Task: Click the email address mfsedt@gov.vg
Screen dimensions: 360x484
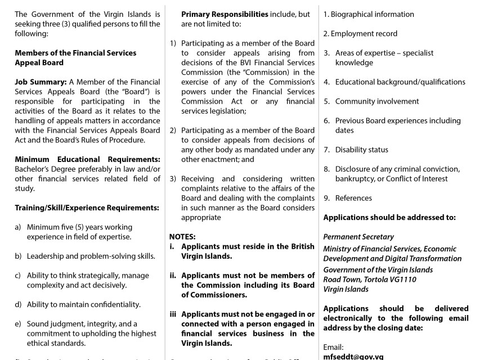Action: [x=353, y=356]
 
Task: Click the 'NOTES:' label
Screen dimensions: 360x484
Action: [x=182, y=237]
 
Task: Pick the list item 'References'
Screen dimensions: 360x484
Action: [x=353, y=198]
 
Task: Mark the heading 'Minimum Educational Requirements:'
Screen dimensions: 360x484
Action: [x=87, y=159]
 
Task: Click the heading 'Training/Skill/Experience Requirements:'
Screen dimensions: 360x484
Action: [x=87, y=208]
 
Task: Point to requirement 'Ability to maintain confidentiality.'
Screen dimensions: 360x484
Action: [x=84, y=304]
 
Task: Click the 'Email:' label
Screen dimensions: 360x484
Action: [x=333, y=348]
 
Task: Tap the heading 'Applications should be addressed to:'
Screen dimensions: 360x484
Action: [x=389, y=217]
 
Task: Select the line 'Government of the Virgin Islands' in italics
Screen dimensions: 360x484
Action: [x=378, y=269]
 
